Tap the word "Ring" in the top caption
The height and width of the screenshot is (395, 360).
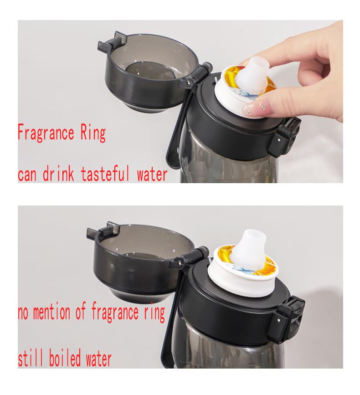point(93,133)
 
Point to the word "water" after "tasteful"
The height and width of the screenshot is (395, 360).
point(152,174)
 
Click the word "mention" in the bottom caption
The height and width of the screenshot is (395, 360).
point(51,312)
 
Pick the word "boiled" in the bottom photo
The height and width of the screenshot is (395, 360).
point(65,357)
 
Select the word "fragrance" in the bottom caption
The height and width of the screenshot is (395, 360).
point(115,313)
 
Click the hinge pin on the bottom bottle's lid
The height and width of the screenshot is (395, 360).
point(180,262)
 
